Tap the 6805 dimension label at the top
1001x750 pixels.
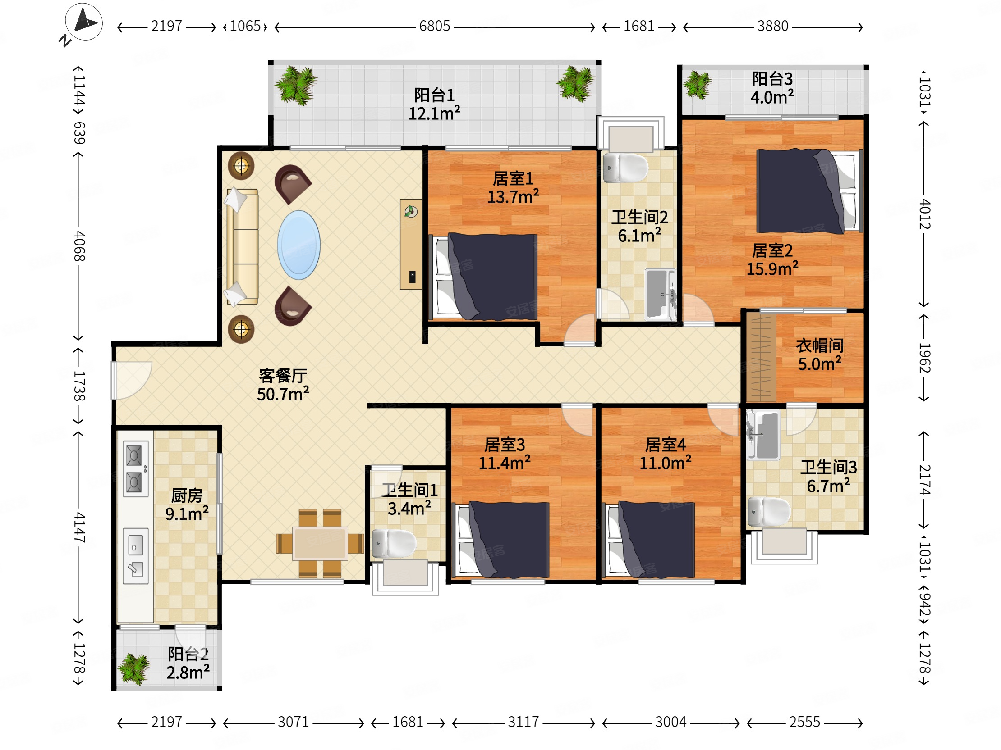tap(434, 26)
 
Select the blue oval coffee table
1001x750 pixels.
tap(298, 245)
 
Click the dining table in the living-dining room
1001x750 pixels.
tap(320, 543)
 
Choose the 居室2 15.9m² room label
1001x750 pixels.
tap(772, 259)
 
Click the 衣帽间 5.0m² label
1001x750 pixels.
tap(820, 355)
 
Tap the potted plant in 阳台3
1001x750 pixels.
tap(698, 85)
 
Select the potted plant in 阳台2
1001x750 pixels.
tap(134, 669)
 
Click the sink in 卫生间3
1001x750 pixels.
tap(763, 435)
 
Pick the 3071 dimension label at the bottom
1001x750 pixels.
tap(293, 722)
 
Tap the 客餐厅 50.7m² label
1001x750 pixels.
tap(283, 385)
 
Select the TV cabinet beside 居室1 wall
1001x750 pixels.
tap(411, 244)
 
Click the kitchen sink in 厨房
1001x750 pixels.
tap(135, 556)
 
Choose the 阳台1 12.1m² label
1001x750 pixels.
tap(434, 104)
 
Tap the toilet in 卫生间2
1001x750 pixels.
tap(625, 168)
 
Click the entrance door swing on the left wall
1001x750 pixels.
tap(131, 381)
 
